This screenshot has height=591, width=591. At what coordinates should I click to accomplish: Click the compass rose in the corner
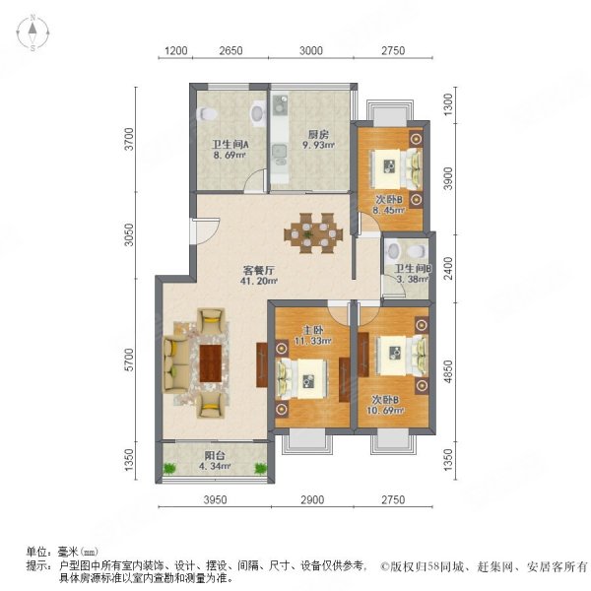[x=33, y=33]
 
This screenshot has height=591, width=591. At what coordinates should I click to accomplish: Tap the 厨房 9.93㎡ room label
[x=318, y=140]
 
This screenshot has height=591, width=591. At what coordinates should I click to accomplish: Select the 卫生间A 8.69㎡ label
[x=230, y=150]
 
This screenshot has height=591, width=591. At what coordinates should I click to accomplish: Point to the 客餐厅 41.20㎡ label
[x=258, y=276]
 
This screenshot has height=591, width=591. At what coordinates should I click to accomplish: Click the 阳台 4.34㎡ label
[x=215, y=461]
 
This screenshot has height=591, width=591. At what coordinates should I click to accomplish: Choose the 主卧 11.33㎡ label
[x=313, y=336]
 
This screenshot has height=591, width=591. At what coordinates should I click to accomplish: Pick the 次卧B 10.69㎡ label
[x=385, y=405]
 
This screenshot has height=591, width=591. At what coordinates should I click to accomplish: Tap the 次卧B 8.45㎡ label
[x=389, y=205]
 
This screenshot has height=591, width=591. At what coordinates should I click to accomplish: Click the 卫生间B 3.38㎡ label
[x=413, y=274]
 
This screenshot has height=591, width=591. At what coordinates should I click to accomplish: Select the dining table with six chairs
[x=313, y=233]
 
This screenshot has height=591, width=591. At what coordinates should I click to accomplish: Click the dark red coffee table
[x=211, y=363]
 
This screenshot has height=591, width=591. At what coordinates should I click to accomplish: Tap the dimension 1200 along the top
[x=176, y=50]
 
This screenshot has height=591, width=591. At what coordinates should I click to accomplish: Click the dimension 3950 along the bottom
[x=215, y=499]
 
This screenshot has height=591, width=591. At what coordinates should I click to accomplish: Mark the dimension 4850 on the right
[x=448, y=371]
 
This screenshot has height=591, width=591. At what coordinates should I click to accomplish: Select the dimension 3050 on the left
[x=129, y=234]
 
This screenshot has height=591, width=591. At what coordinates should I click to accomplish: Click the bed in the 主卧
[x=302, y=380]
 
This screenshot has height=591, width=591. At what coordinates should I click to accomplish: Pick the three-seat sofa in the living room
[x=175, y=364]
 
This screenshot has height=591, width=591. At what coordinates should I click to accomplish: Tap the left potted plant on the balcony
[x=169, y=469]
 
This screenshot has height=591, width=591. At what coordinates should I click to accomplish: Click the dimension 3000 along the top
[x=311, y=50]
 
